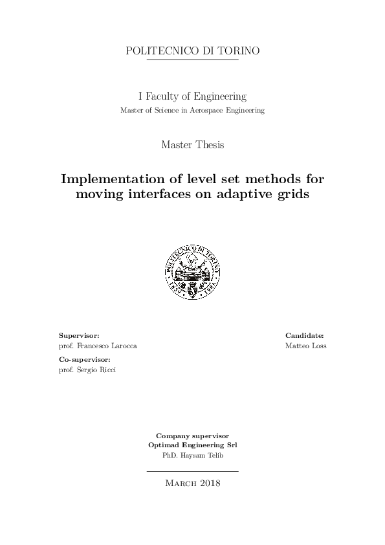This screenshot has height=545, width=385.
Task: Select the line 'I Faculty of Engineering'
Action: click(x=192, y=96)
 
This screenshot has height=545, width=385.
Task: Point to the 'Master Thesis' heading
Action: click(x=192, y=145)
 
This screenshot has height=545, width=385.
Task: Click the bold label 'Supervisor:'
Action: click(x=79, y=335)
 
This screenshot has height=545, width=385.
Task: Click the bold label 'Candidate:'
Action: click(x=304, y=335)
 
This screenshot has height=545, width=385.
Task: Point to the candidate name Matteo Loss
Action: click(x=305, y=346)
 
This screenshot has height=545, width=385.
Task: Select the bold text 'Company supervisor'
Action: click(x=192, y=436)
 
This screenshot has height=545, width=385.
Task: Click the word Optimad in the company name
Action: click(x=165, y=445)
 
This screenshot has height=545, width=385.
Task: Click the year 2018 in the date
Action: click(x=210, y=483)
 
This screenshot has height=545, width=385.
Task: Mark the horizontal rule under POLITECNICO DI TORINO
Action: click(x=192, y=60)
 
